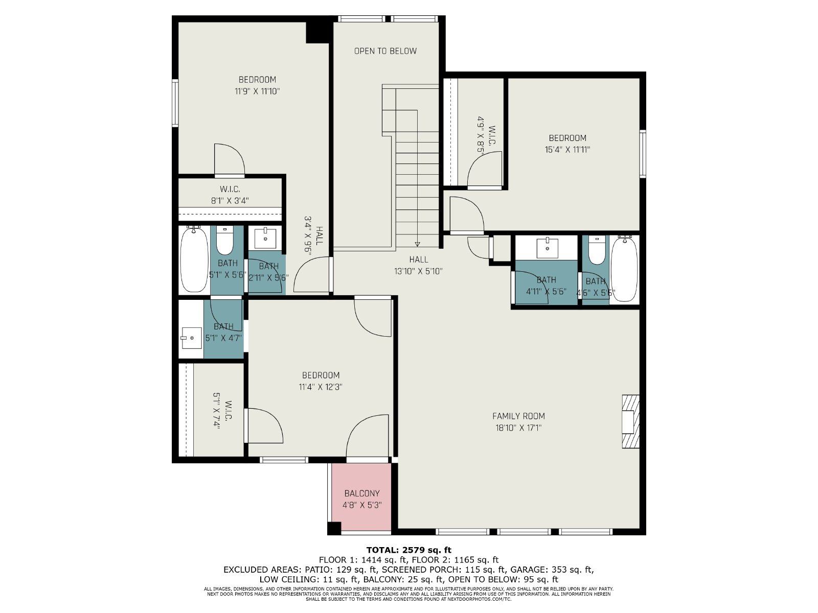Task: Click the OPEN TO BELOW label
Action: point(385,51)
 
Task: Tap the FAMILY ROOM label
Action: point(518,416)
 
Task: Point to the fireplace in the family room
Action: point(630,421)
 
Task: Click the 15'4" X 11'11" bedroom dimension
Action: point(567,150)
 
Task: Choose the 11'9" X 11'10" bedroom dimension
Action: point(257,91)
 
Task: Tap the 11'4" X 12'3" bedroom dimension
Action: point(321,387)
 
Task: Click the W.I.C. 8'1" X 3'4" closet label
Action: point(230,195)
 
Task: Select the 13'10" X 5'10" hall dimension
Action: point(419,271)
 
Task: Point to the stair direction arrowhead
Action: point(417,244)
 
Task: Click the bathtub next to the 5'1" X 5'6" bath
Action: point(194,260)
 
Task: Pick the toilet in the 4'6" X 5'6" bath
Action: point(597,250)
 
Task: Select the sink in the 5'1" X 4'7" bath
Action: point(192,338)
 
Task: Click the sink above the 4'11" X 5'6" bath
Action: point(547,248)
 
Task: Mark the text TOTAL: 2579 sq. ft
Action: point(409,550)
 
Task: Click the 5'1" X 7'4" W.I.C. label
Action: point(222,411)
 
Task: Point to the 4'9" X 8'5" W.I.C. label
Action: point(486,135)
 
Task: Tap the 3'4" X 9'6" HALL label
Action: point(313,235)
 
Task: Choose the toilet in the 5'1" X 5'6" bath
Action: point(225,241)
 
